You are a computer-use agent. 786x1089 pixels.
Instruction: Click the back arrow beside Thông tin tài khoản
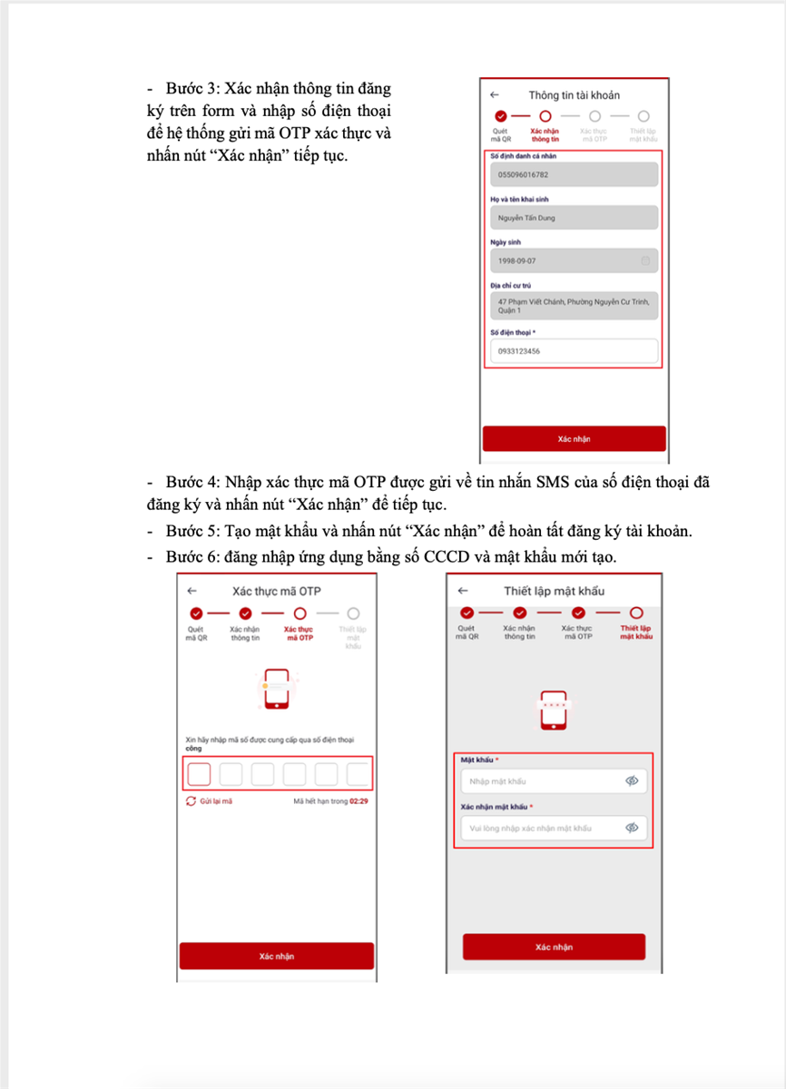point(494,94)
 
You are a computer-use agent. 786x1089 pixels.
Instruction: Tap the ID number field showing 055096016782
point(573,175)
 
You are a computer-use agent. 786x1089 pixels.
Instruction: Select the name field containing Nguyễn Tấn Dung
point(573,218)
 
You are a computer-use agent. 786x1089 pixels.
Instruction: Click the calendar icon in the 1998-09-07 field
point(645,260)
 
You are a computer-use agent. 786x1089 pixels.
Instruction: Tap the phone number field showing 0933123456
point(573,351)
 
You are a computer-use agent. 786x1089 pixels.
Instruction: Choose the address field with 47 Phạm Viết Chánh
point(573,305)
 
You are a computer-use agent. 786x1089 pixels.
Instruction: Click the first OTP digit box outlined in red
point(199,774)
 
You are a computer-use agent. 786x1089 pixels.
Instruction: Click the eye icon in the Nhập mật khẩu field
point(633,780)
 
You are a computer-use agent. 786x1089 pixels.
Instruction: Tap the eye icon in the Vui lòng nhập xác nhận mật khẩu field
point(633,828)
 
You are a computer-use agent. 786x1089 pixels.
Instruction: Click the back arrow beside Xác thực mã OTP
point(192,590)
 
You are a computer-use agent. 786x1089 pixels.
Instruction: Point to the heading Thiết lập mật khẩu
point(554,591)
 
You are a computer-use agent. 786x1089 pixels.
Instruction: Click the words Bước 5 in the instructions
point(188,531)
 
